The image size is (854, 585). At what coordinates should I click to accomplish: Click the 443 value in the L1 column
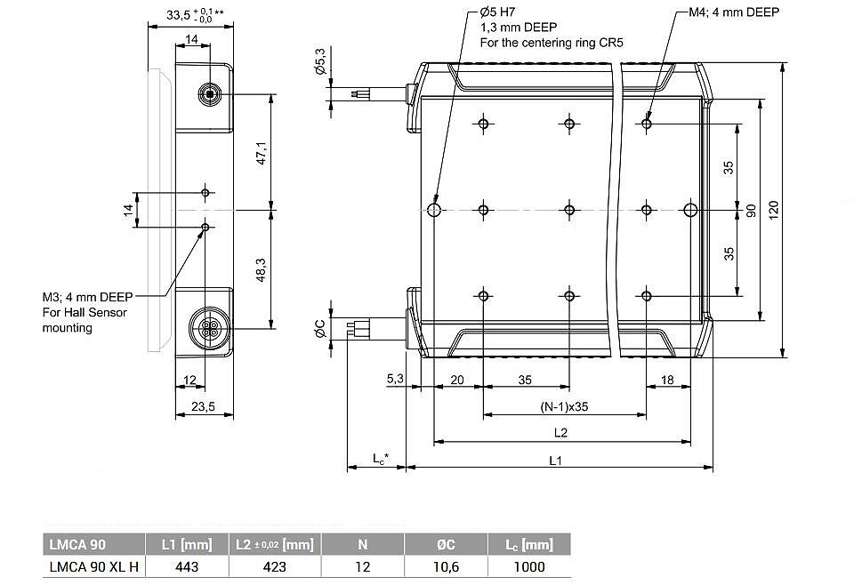coord(187,566)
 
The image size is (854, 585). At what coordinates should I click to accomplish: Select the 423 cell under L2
coord(275,566)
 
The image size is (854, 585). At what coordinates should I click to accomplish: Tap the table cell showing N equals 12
coord(363,566)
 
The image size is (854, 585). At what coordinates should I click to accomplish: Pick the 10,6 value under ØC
coord(446,566)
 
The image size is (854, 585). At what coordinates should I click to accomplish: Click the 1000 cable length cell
coord(529,566)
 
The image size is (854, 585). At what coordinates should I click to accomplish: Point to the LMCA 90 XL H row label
coord(93,566)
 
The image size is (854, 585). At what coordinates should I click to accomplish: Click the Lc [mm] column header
coord(529,544)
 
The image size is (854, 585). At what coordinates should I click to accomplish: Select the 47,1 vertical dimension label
coord(262,153)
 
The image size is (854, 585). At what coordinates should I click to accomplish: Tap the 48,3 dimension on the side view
coord(262,270)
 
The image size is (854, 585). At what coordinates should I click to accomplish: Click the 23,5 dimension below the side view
coord(203,406)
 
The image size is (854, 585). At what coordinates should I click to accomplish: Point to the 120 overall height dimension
coord(773,210)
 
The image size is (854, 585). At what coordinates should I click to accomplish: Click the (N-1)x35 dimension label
coord(564,406)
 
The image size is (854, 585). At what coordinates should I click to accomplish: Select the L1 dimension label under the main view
coord(555,461)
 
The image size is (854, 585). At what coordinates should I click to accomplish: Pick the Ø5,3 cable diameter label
coord(320,61)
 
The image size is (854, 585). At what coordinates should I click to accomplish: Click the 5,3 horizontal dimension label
coord(395,378)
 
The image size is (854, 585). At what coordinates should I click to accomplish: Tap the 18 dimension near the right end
coord(667,380)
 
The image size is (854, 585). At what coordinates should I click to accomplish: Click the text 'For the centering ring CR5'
coord(552,43)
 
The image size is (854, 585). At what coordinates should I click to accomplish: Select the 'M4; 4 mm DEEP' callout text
coord(734,12)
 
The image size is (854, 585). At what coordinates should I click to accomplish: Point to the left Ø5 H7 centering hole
coord(434,210)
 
